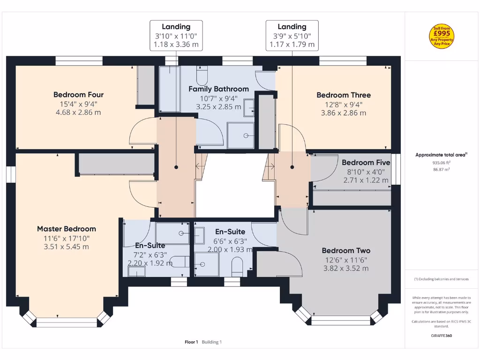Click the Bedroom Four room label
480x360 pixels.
coord(78,95)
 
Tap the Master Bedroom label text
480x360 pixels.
coord(67,229)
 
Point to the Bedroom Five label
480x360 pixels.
coord(366,163)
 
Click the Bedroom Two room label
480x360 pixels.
coord(346,251)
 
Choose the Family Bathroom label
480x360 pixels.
coord(218,89)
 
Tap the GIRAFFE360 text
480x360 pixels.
coord(442,336)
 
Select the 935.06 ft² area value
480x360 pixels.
coord(442,163)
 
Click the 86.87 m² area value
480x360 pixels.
coord(442,169)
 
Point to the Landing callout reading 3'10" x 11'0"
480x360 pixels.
coord(176,36)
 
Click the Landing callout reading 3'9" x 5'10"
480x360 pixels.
coord(292,36)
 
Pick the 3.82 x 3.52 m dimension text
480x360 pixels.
coord(346,269)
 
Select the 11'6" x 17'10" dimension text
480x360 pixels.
coord(67,238)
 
